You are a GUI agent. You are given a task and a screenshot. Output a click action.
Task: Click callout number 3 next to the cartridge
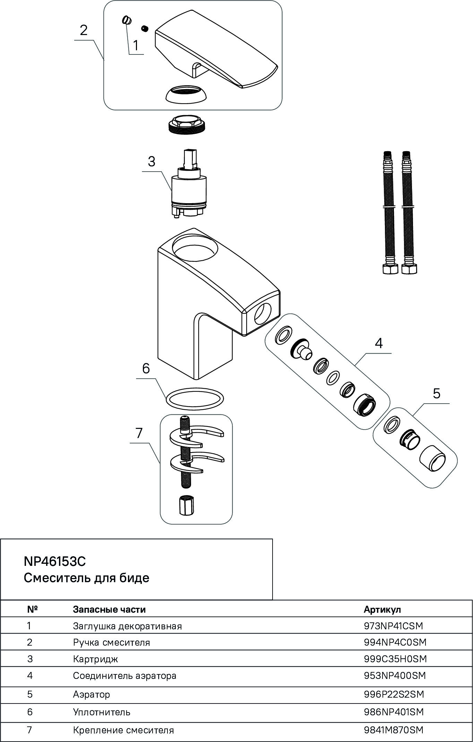pos(152,162)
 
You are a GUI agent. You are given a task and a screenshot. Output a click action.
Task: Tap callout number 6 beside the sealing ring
pos(146,368)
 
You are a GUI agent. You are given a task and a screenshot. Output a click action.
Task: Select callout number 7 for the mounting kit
pos(139,433)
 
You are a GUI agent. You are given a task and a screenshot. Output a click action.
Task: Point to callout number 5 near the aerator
pos(437,394)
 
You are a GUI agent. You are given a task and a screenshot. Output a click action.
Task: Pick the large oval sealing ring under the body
pos(195,398)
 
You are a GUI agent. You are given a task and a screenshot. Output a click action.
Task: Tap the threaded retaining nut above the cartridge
pos(186,124)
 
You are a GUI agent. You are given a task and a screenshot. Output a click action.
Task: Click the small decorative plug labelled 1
pos(127,20)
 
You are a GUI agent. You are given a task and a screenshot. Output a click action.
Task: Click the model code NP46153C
pos(54,561)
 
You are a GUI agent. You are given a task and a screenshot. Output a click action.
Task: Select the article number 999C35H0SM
pos(395,659)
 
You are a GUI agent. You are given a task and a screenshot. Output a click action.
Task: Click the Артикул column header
pos(382,610)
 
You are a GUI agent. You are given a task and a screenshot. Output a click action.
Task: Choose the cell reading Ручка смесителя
pos(111,642)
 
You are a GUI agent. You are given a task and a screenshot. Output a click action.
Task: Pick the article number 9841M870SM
pos(394,730)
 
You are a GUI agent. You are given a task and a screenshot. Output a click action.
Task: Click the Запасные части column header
pos(109,610)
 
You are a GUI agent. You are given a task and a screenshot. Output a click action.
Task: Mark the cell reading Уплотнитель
pos(102,712)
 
